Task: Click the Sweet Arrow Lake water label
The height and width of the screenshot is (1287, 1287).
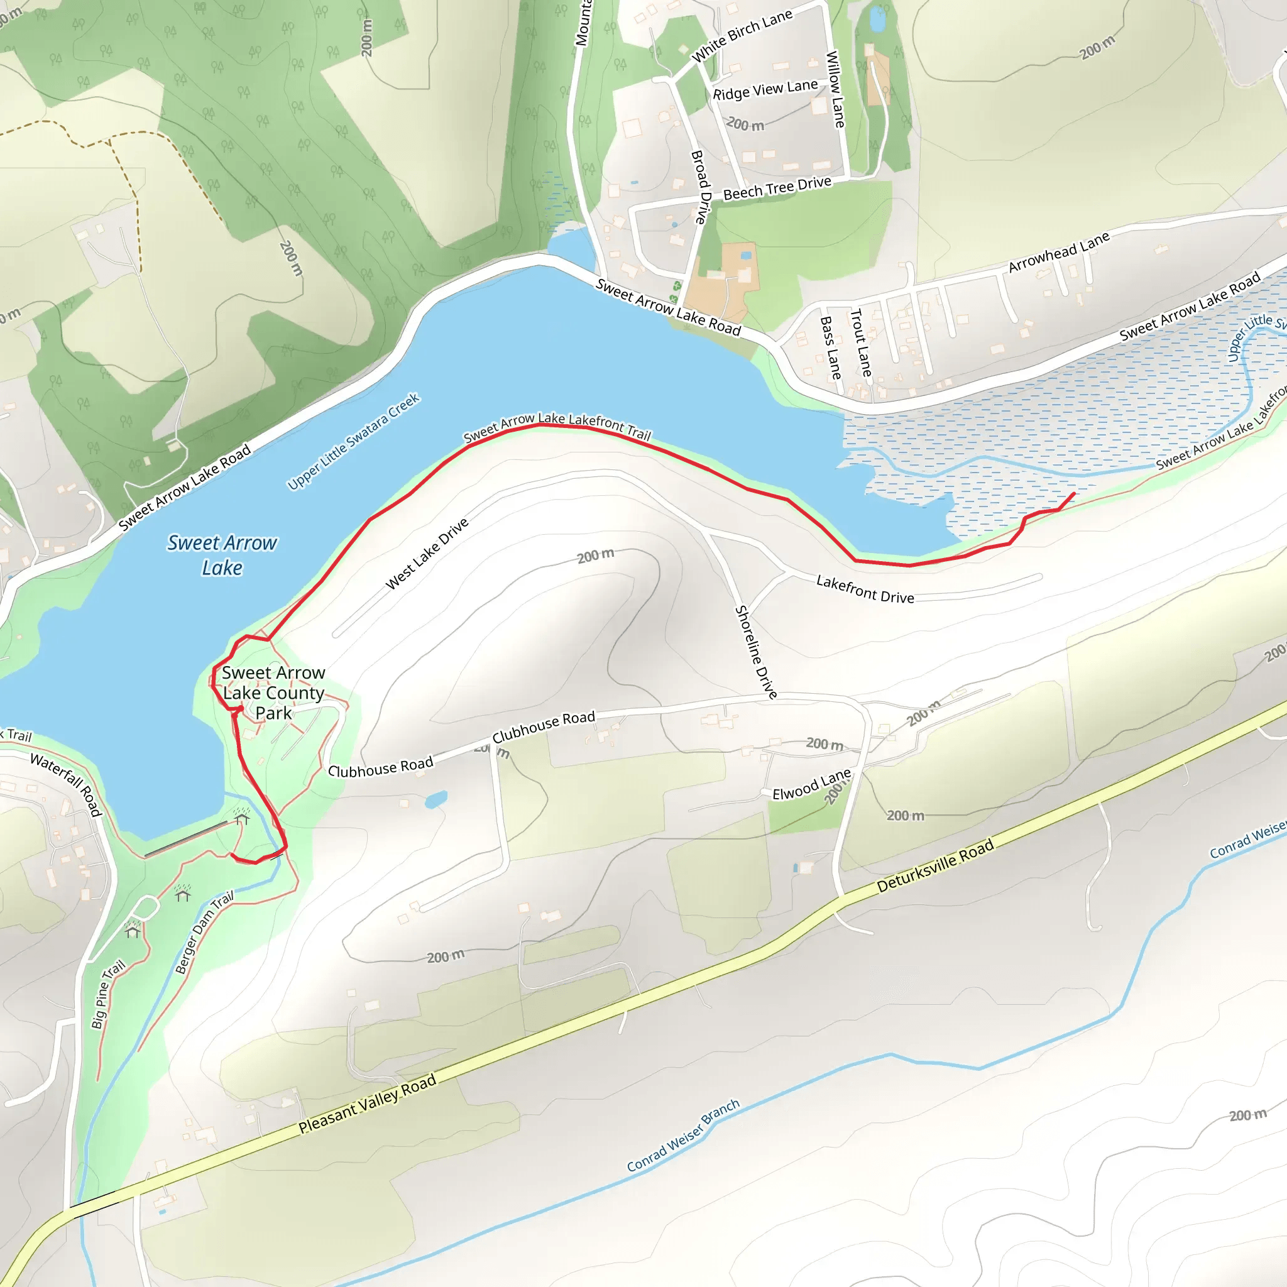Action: tap(222, 555)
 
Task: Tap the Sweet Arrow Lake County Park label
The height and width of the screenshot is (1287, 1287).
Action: tap(273, 693)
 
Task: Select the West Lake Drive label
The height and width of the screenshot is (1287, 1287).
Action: tap(427, 554)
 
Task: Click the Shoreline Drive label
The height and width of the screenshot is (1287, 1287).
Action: tap(755, 652)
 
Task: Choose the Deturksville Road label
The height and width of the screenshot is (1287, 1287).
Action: tap(934, 865)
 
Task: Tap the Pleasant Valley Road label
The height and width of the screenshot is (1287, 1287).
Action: tap(367, 1103)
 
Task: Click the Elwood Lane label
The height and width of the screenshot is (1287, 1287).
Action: tap(811, 784)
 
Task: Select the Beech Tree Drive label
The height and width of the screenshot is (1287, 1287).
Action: tap(777, 188)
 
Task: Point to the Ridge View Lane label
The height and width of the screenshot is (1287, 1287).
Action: tap(765, 90)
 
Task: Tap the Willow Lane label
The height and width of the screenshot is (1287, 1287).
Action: tap(835, 89)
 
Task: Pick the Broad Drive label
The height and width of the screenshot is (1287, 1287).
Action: tap(701, 187)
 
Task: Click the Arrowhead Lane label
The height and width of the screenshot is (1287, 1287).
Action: tap(1058, 252)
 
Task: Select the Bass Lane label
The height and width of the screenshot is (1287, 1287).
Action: tap(830, 347)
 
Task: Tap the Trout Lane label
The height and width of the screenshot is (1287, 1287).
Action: tap(861, 342)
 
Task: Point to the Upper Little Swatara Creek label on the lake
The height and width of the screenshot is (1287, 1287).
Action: tap(353, 442)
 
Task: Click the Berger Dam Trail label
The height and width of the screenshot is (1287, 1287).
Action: tap(204, 933)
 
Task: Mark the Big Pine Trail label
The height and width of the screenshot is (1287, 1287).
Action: tap(108, 994)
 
